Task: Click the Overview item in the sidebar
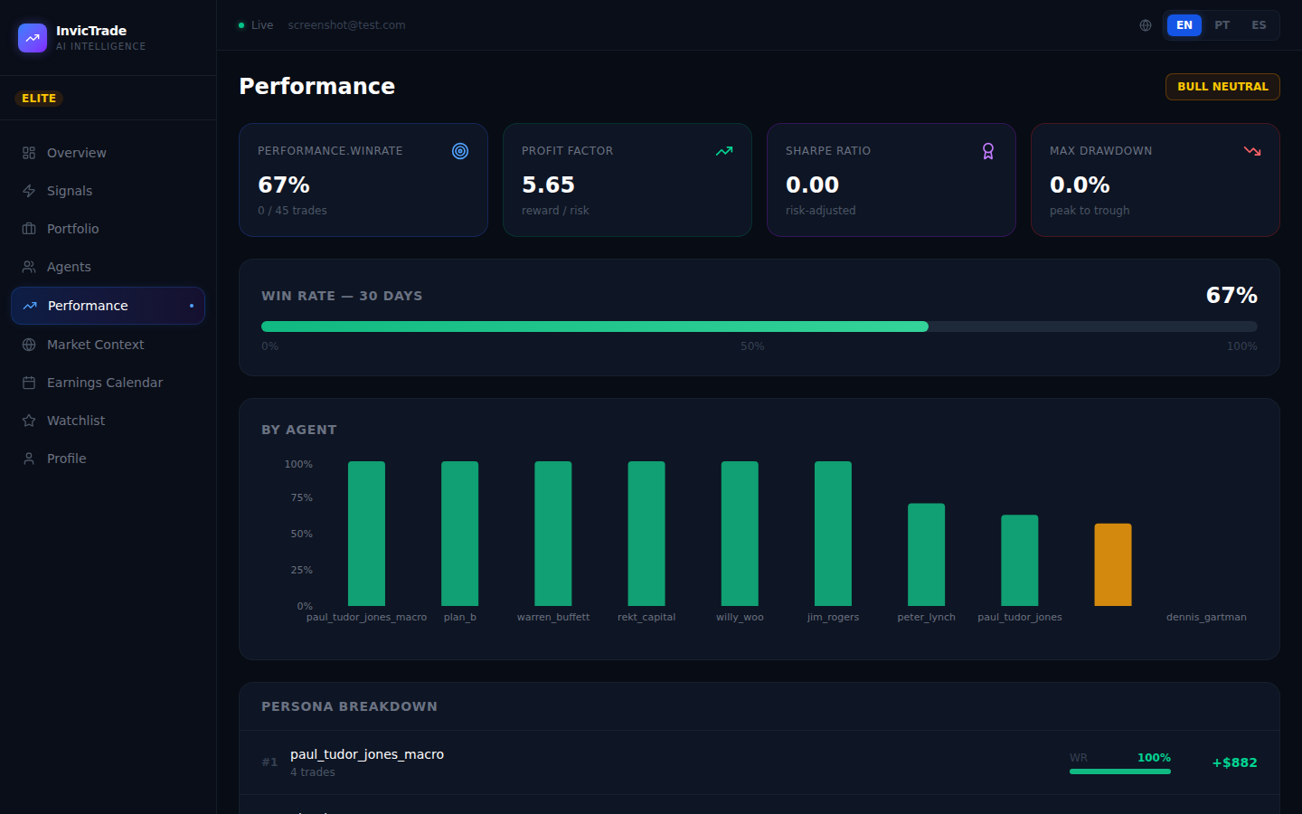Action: pos(76,153)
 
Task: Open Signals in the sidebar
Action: pos(69,191)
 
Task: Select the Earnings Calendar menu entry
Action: pos(104,383)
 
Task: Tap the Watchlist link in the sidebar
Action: pos(75,421)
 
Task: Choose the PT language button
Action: pos(1222,25)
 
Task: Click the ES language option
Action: pos(1259,25)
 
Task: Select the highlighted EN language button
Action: pos(1184,25)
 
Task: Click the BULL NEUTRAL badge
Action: pos(1222,87)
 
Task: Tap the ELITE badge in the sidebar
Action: pos(39,99)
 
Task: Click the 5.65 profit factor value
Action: pos(548,185)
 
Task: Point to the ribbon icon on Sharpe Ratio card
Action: pos(988,151)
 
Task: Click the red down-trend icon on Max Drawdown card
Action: pos(1252,151)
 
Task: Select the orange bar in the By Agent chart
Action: pos(1113,564)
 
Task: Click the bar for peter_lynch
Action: pos(926,554)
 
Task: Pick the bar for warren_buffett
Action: pos(553,534)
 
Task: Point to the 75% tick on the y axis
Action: pos(301,498)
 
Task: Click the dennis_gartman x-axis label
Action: pos(1206,617)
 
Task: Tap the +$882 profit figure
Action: pos(1234,762)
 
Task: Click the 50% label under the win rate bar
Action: pos(752,346)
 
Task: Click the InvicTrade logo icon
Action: pos(33,38)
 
